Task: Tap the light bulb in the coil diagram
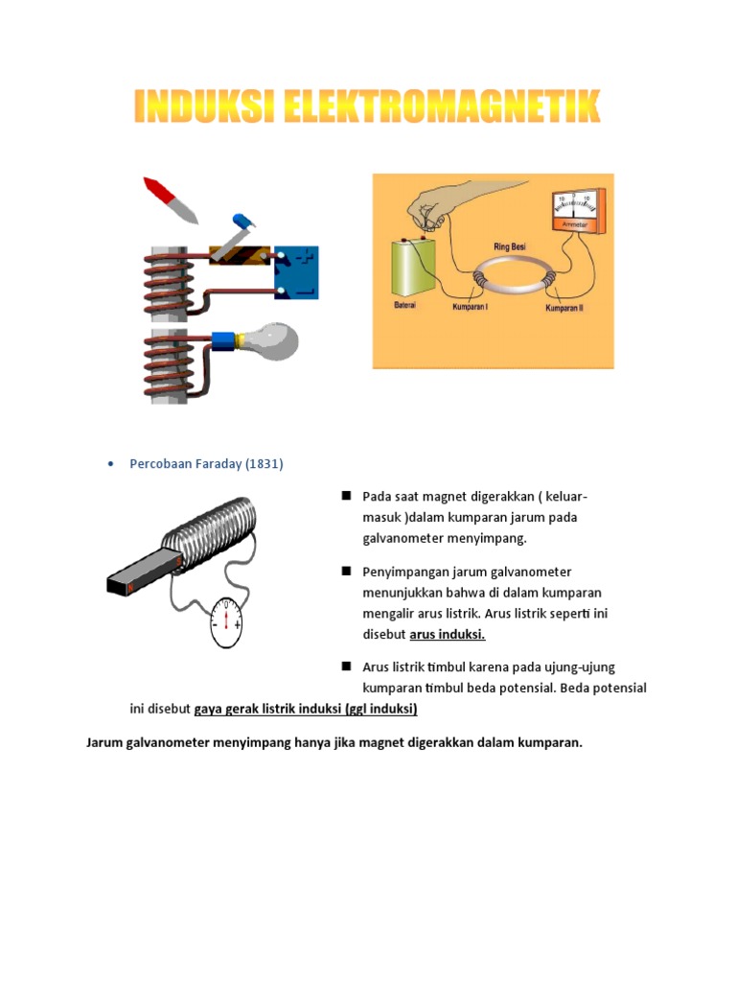click(x=272, y=340)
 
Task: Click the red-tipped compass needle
click(x=169, y=198)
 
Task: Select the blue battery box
click(x=296, y=272)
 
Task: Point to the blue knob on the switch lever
click(x=242, y=222)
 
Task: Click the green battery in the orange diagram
click(x=413, y=269)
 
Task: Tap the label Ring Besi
click(x=509, y=246)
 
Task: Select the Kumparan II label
click(x=563, y=309)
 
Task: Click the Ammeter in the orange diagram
click(x=573, y=211)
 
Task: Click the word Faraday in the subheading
click(x=216, y=464)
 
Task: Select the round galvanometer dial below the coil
click(x=225, y=621)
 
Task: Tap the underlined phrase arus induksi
click(x=448, y=635)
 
